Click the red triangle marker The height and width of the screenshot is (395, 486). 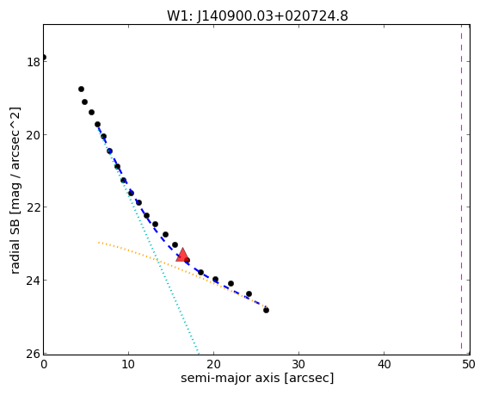182,255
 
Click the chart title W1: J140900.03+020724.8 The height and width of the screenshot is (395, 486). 257,15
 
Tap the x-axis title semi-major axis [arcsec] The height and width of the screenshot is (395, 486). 257,378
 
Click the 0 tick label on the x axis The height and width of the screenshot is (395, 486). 44,364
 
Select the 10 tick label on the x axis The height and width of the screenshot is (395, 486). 128,364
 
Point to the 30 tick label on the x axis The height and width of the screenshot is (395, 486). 298,364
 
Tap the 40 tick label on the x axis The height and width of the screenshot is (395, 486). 384,364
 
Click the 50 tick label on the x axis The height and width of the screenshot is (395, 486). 469,364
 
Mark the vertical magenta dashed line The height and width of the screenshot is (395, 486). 462,189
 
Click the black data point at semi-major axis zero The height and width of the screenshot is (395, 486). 44,57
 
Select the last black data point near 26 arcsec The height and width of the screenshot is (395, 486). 266,310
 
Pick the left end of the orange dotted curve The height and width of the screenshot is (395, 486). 99,242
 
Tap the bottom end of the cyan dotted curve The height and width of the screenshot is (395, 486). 199,353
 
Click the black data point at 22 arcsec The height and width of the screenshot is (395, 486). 231,283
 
